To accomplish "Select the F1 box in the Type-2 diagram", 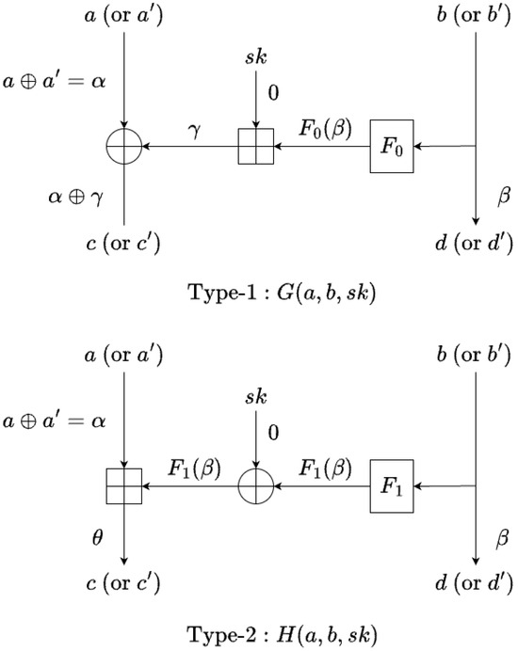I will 391,487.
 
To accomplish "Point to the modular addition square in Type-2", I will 124,487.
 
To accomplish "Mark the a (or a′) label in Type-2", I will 124,357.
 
